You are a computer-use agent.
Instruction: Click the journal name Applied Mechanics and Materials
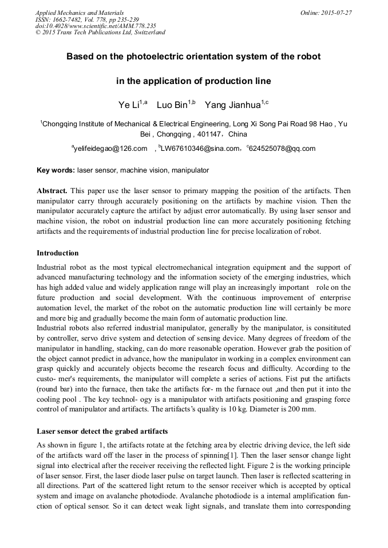[x=80, y=13]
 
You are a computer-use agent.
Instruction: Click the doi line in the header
[x=96, y=26]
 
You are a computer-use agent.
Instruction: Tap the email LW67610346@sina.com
[x=200, y=149]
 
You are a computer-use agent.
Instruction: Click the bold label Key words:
[x=56, y=170]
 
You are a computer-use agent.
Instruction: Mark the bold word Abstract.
[x=52, y=190]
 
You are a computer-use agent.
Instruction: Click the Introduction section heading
[x=58, y=253]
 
